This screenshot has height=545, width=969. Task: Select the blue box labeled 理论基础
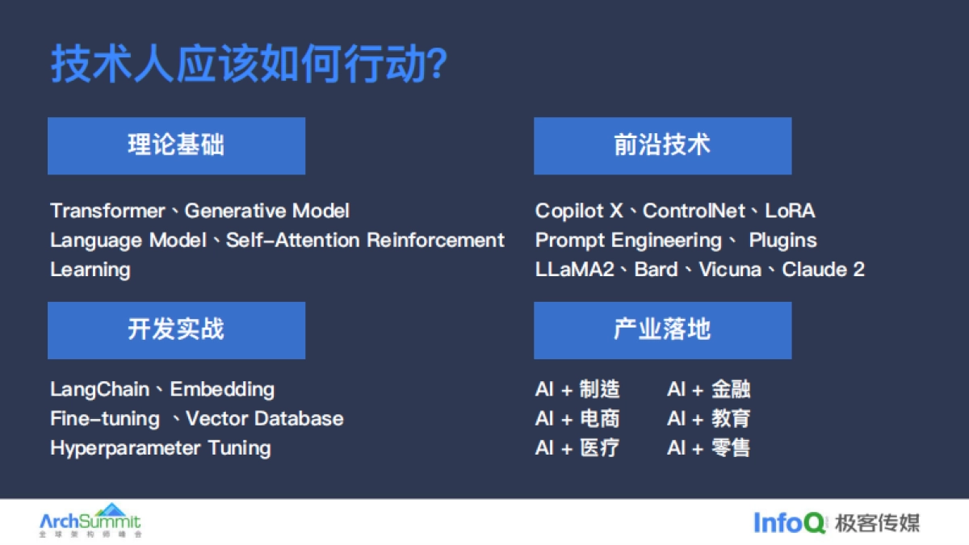[176, 145]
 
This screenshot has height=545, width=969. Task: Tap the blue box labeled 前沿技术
[662, 145]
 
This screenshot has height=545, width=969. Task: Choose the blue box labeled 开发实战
[176, 329]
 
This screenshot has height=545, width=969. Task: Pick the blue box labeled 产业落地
[662, 329]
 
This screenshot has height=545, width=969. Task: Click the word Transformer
[107, 211]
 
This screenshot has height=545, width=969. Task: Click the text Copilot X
[579, 211]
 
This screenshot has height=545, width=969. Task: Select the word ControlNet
[693, 211]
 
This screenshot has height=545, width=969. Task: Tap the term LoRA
[790, 211]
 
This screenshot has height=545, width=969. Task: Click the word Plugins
[782, 240]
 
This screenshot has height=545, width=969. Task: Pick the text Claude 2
[823, 269]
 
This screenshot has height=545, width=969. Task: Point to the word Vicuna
[730, 269]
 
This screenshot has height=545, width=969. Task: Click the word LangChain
[99, 389]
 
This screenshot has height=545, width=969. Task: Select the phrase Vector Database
[264, 418]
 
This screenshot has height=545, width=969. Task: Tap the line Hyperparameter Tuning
[160, 447]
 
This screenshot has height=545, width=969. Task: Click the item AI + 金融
[708, 389]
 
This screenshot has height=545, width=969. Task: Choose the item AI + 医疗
[577, 447]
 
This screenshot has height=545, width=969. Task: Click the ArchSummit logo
[90, 522]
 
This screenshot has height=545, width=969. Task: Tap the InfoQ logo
[789, 522]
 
